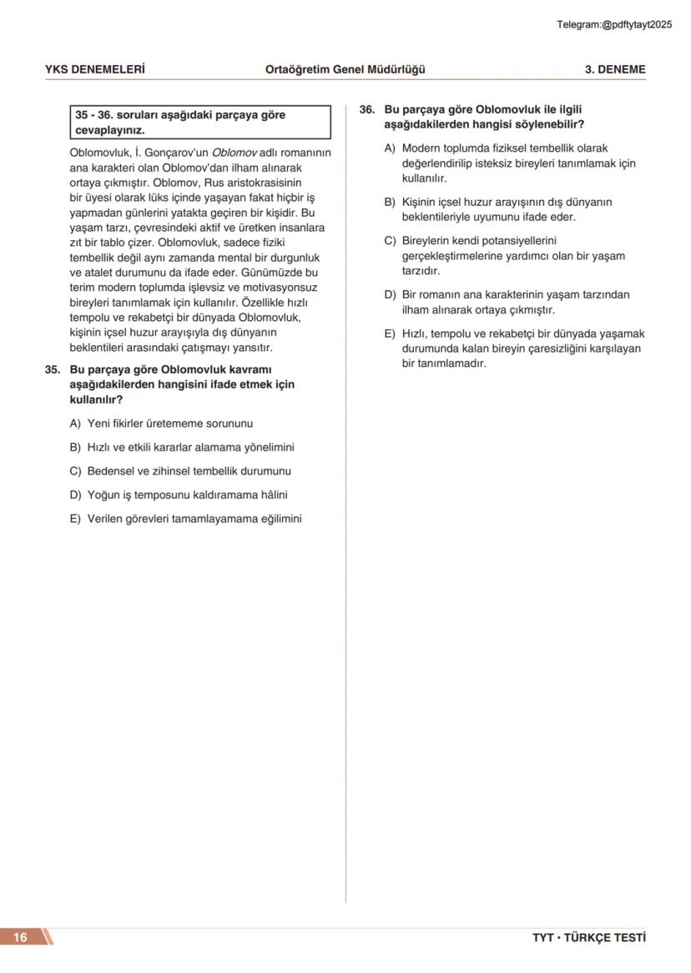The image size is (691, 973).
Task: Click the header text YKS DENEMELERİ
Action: tap(94, 69)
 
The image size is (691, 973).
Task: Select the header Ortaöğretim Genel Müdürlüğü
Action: tap(345, 69)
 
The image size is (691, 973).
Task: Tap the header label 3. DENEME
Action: tap(614, 69)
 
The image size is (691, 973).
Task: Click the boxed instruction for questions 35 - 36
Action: tap(200, 123)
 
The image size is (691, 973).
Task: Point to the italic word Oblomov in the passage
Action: tap(233, 153)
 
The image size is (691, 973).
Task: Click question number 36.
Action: tap(366, 109)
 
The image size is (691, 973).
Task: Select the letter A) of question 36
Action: tap(390, 148)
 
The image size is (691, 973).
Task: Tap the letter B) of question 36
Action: tap(390, 202)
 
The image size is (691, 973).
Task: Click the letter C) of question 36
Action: tap(390, 241)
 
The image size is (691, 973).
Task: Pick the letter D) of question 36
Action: tap(390, 294)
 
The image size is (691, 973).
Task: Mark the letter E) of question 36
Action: tap(390, 334)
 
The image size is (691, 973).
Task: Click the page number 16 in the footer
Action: tap(20, 937)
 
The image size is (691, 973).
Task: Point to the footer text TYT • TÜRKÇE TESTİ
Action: tap(588, 938)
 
